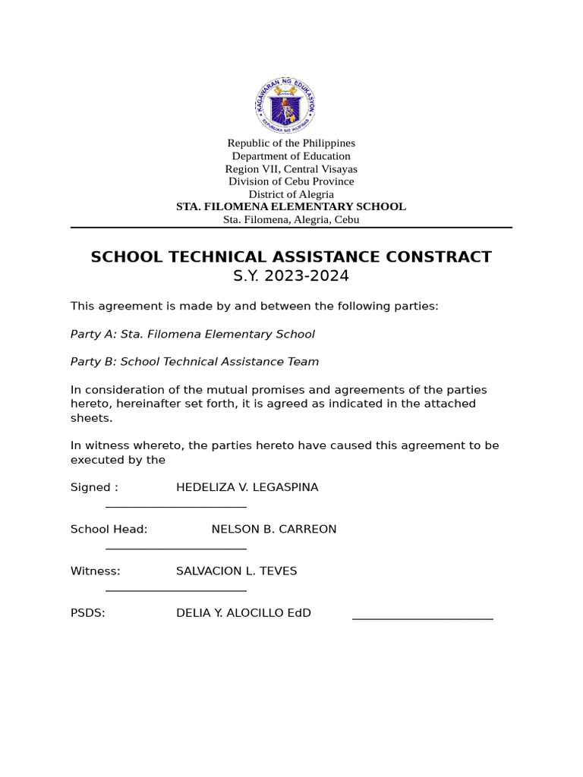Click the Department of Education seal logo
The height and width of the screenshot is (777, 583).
click(285, 105)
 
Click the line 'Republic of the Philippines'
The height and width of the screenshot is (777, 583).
click(291, 143)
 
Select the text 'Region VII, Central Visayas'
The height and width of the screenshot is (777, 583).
click(291, 169)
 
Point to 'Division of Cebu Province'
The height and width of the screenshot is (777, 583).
click(291, 181)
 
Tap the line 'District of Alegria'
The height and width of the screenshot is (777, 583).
click(291, 194)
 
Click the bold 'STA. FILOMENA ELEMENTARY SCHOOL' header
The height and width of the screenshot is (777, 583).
click(291, 206)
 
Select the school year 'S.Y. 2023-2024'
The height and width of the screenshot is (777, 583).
click(291, 276)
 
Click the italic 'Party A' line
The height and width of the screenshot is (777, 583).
click(192, 335)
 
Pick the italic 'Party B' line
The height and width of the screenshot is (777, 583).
click(194, 362)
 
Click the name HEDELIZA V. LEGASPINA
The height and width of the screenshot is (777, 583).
click(247, 488)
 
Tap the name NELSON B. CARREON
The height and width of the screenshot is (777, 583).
click(273, 530)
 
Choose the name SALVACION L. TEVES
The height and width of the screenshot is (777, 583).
click(236, 571)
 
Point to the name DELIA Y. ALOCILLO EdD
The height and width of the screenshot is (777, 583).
click(243, 613)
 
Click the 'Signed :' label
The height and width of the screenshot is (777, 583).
click(94, 488)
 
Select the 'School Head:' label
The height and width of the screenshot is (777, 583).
click(109, 530)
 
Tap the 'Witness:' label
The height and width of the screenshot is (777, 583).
click(95, 571)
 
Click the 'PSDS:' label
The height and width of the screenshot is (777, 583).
click(87, 613)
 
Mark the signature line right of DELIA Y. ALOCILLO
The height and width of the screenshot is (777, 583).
click(422, 619)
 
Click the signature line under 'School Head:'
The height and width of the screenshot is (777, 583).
click(176, 548)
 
